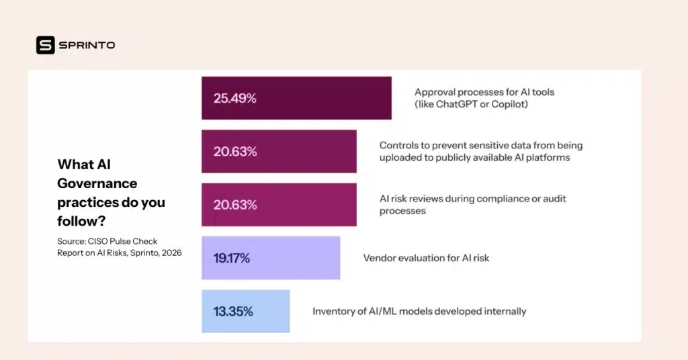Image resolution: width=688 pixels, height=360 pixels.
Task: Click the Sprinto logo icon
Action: pyautogui.click(x=46, y=45)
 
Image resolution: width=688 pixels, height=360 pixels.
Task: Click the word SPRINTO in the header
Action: pyautogui.click(x=87, y=45)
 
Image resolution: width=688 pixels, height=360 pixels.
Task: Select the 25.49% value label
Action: pyautogui.click(x=235, y=98)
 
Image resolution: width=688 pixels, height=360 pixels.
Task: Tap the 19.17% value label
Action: pyautogui.click(x=232, y=258)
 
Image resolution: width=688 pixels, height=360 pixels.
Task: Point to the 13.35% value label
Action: pyautogui.click(x=233, y=312)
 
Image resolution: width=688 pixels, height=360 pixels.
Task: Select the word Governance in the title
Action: pyautogui.click(x=97, y=183)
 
